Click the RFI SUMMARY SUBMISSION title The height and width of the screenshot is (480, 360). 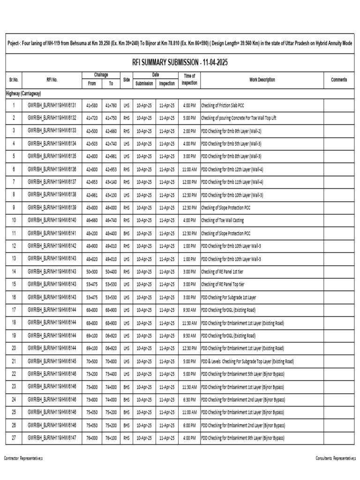tap(180, 63)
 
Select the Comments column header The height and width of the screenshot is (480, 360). tap(339, 80)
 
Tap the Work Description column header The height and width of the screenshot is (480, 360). tap(262, 80)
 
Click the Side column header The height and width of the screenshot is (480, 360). tap(126, 80)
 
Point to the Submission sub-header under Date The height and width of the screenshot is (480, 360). tap(144, 83)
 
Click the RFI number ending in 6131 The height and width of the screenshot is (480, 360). tap(52, 105)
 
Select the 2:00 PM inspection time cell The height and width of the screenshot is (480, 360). tap(189, 131)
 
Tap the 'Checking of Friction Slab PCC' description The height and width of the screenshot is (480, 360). tap(223, 105)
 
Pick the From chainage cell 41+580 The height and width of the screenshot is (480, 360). tap(92, 105)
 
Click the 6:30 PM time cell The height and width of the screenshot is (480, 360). tap(189, 400)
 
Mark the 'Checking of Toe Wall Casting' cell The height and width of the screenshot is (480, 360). tap(222, 220)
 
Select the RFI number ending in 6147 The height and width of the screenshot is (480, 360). tap(52, 438)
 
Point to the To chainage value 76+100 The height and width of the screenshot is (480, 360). tap(111, 438)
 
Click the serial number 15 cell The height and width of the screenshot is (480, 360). tap(14, 285)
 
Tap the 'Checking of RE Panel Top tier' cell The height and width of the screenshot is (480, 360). tap(223, 285)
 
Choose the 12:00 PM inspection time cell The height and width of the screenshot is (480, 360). tap(189, 182)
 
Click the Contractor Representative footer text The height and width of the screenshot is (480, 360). tap(23, 457)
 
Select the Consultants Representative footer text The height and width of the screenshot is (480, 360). tap(336, 457)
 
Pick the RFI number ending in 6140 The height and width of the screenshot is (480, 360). tap(52, 220)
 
